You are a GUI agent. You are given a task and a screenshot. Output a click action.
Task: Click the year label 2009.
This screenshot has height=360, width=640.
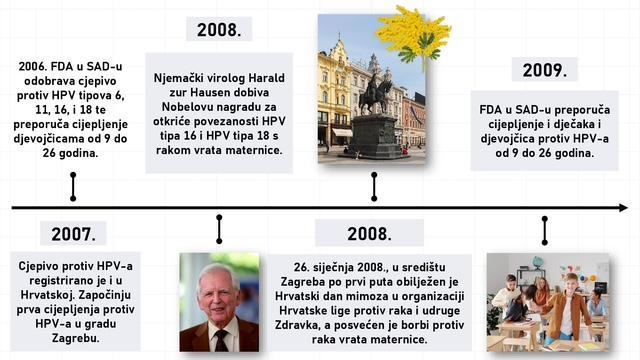[x=544, y=70]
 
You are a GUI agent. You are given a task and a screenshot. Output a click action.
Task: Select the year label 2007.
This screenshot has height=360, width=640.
[x=73, y=235]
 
